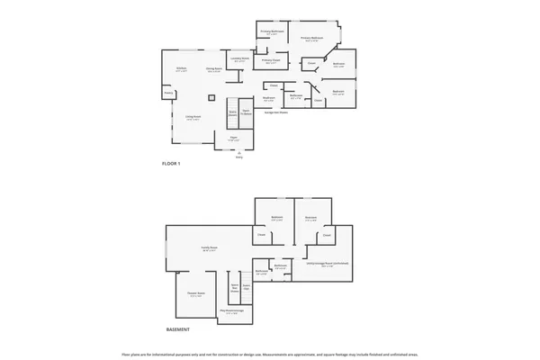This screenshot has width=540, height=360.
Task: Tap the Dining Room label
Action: coord(213,69)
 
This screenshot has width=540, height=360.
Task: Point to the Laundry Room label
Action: coord(239,59)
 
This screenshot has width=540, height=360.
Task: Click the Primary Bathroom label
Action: coord(273,31)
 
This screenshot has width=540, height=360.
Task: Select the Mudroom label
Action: coord(268,98)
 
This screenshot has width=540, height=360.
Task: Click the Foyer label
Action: coord(233,139)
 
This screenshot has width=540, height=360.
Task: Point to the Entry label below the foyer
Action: coord(238,157)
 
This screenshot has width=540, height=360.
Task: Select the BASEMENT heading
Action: coord(178,329)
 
